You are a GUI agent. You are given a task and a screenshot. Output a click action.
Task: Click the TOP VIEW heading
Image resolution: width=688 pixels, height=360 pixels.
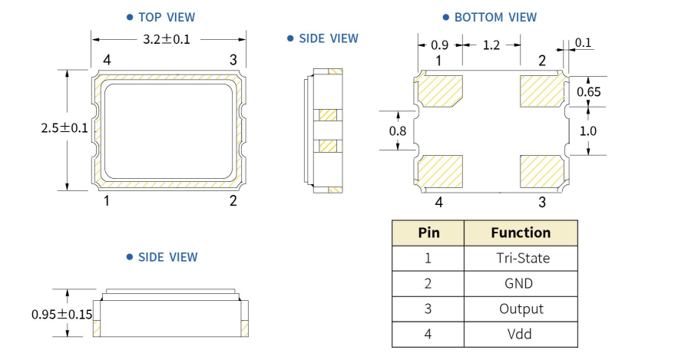(x=166, y=17)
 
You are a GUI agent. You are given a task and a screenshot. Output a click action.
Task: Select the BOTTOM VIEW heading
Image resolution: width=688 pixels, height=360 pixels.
(x=495, y=17)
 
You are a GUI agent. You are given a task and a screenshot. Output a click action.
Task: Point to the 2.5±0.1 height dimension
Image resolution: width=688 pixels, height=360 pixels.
(x=64, y=128)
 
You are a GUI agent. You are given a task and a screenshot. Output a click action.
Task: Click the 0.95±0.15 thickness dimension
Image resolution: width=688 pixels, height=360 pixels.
(x=61, y=314)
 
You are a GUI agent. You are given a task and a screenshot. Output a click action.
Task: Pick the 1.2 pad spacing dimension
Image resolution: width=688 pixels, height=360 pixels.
(x=491, y=45)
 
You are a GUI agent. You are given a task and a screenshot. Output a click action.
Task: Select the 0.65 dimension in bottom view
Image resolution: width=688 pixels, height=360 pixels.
(x=589, y=91)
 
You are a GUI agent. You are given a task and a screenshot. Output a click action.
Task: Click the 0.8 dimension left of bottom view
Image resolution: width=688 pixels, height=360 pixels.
(x=398, y=130)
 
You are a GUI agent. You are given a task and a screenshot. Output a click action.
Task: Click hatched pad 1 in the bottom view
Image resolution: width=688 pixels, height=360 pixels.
(x=441, y=89)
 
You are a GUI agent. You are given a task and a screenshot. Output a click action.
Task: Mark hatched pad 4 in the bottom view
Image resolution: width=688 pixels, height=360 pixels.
(x=441, y=171)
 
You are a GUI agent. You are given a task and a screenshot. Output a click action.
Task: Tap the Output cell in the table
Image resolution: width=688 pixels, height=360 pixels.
(x=521, y=309)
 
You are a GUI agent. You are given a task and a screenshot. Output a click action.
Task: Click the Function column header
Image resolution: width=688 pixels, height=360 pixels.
(x=521, y=232)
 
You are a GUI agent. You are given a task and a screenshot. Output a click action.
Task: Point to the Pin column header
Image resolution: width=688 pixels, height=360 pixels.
(x=428, y=232)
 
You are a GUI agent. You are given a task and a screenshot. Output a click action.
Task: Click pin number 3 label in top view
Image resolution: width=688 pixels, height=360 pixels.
(x=233, y=60)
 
